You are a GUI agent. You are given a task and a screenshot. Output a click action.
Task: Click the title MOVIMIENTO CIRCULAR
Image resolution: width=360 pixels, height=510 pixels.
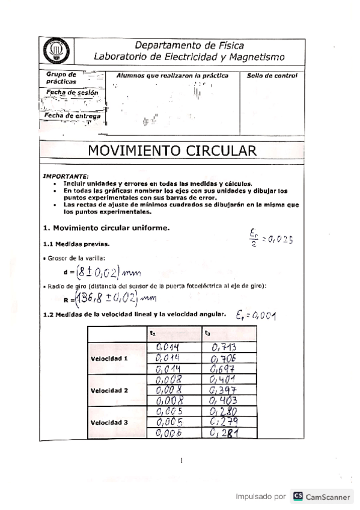tap(168, 150)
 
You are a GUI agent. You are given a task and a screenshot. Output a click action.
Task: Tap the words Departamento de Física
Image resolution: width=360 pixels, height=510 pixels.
tap(189, 45)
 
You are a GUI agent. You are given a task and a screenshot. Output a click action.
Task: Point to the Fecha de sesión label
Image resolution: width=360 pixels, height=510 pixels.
tap(64, 93)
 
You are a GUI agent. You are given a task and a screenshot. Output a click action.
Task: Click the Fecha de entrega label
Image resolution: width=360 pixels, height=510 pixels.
tap(65, 115)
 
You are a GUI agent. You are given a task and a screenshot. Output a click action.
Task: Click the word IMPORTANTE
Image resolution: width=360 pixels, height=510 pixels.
tap(65, 176)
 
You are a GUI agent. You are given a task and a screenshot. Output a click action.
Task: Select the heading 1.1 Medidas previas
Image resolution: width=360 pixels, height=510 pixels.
tap(71, 244)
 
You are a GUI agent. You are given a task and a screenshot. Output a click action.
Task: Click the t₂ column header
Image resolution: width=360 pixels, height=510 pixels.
tap(153, 332)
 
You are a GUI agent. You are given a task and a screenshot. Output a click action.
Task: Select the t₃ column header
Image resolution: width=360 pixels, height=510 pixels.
tap(208, 332)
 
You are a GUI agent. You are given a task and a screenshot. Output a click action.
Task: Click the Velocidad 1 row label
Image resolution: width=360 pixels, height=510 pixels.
tap(109, 358)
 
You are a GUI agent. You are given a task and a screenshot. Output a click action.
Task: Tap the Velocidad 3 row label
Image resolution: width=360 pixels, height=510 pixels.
tap(109, 422)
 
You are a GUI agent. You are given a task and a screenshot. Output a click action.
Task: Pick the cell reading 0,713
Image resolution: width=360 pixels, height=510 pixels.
tap(224, 347)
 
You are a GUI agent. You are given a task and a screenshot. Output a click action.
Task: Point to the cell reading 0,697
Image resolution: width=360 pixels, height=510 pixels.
tap(224, 368)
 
